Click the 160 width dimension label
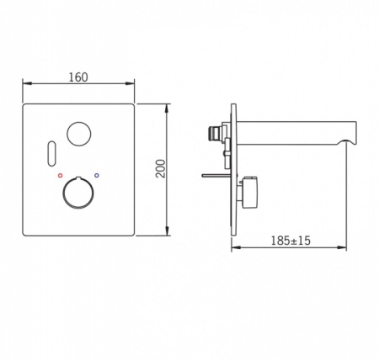click(78, 77)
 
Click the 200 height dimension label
click(161, 168)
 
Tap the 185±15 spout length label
click(291, 241)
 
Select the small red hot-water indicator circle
click(60, 176)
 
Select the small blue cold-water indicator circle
click(97, 176)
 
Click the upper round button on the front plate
click(79, 134)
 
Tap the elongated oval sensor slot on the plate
click(52, 152)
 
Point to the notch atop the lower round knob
click(78, 177)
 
